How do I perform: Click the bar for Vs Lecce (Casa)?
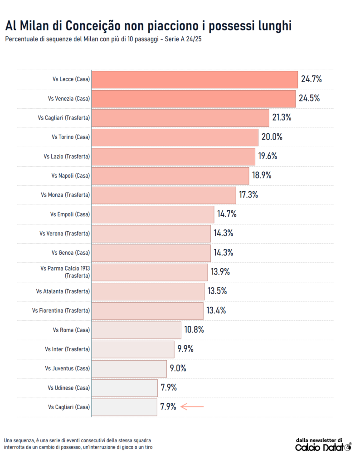coord(194,79)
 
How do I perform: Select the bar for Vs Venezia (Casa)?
coord(193,98)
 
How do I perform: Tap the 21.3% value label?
coord(282,117)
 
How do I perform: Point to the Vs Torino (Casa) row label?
coord(71,137)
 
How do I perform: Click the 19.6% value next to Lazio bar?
coord(268,156)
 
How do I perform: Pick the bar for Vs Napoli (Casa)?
coord(170,175)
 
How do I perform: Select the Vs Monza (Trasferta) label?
coord(65,195)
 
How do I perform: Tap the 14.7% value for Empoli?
coord(227,214)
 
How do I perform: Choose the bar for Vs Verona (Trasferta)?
coord(151,233)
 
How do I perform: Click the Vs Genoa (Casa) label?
coord(70,252)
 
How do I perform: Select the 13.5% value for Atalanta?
coord(217,291)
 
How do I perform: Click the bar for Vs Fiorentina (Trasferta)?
coord(147,310)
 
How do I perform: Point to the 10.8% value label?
coord(194,329)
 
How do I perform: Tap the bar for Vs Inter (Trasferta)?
coord(133,349)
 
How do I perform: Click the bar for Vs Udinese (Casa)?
coord(124,387)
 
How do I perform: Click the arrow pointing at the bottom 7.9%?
coord(192,407)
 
